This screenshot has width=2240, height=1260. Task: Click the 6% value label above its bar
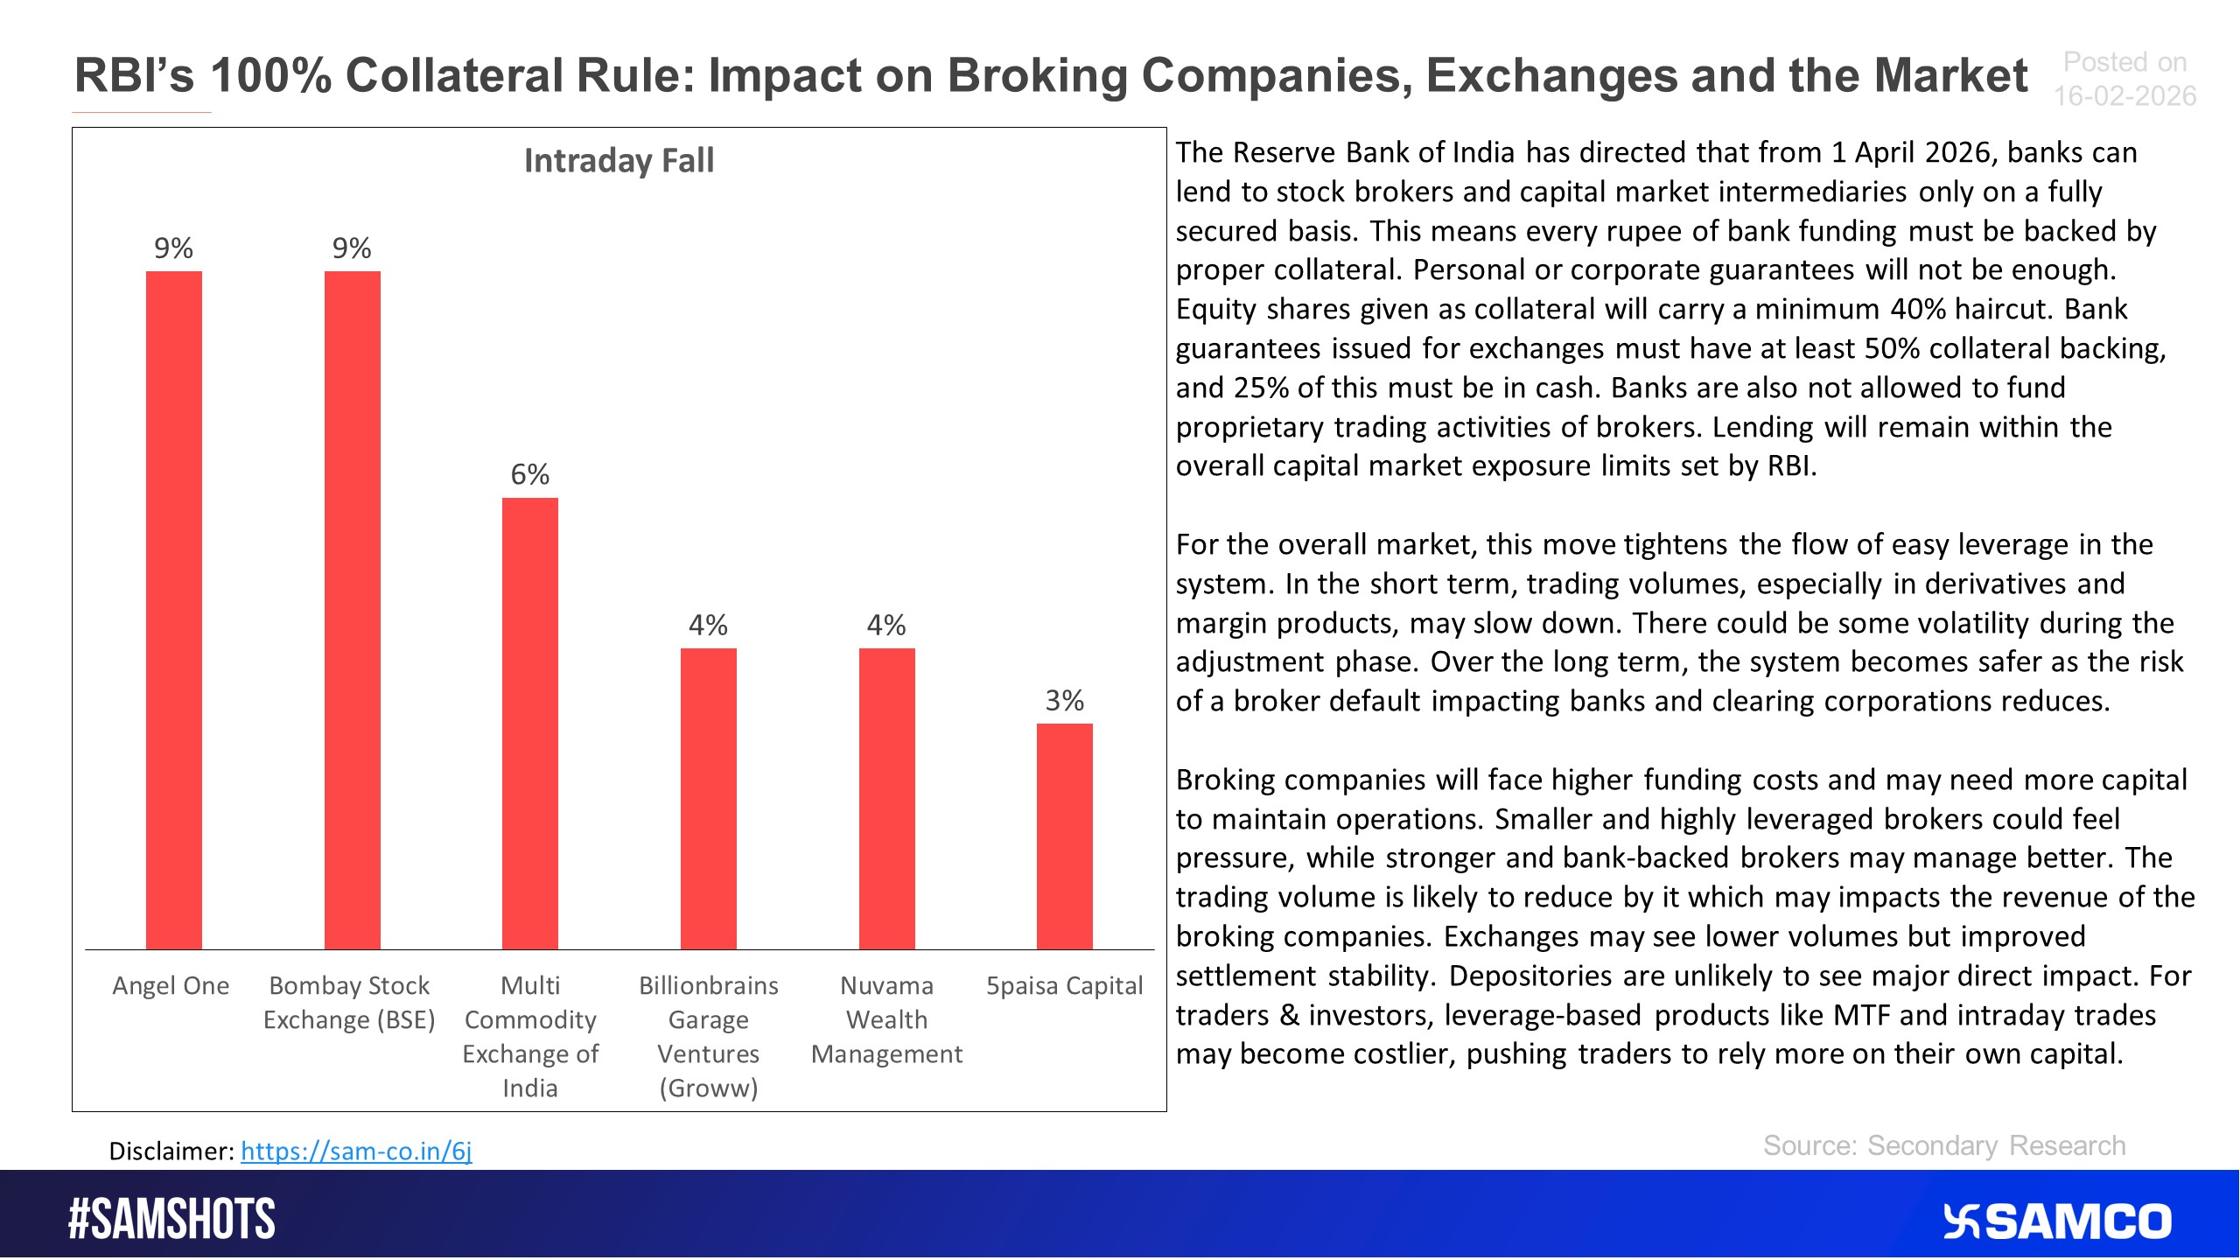[x=529, y=474]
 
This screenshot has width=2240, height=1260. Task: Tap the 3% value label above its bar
[x=1064, y=700]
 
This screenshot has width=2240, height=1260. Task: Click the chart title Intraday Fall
[x=619, y=160]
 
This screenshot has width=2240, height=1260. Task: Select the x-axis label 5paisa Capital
[x=1064, y=985]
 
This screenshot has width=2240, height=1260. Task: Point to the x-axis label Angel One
[x=171, y=985]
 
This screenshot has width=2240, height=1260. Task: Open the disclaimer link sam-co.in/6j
[x=356, y=1151]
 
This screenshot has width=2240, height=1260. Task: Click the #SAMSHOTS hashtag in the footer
[x=171, y=1219]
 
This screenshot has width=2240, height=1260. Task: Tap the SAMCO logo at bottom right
[x=2056, y=1221]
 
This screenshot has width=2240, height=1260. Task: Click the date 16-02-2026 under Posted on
[x=2124, y=96]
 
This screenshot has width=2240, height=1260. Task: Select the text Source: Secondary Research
[x=1943, y=1145]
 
